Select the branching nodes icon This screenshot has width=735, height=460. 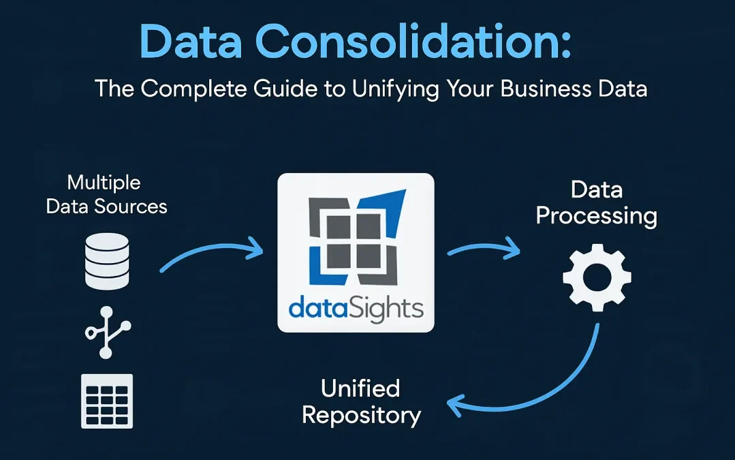click(x=107, y=332)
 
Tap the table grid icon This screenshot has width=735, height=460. click(x=107, y=401)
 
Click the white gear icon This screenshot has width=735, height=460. click(x=597, y=278)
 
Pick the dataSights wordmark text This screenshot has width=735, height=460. click(x=356, y=307)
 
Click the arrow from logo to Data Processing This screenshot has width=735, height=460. click(x=484, y=251)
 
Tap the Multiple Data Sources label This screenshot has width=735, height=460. click(x=106, y=194)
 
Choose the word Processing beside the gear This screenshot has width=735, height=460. click(x=597, y=216)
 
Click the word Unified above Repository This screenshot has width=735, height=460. click(x=360, y=388)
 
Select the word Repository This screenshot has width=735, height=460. click(x=362, y=414)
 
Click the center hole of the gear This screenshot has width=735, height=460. click(x=597, y=278)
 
